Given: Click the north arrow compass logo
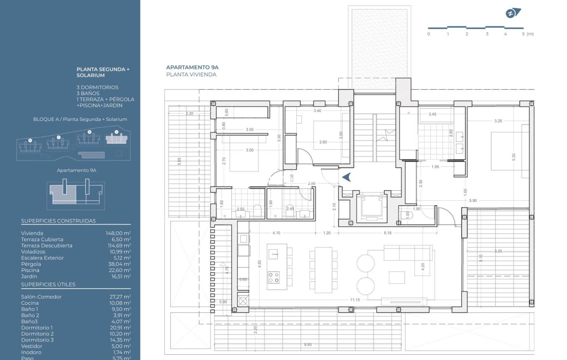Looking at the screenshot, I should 513,13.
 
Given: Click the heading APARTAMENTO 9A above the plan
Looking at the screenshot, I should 192,67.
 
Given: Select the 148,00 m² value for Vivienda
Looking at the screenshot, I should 118,233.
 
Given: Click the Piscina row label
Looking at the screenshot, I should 30,270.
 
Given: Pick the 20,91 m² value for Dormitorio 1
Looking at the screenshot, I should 120,328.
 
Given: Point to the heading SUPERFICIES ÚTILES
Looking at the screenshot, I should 48,285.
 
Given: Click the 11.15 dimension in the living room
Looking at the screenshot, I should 355,300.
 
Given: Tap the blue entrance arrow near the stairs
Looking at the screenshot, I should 347,177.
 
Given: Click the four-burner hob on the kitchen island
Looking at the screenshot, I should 274,277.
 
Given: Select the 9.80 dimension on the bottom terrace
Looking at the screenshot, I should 308,345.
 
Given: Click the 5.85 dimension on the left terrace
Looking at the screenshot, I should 179,162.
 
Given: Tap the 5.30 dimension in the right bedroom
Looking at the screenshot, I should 514,157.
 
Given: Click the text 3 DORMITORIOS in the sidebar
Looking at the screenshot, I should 97,87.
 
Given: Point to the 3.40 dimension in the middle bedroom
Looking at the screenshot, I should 317,111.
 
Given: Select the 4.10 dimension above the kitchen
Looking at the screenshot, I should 276,233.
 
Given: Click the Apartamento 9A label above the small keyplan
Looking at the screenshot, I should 76,170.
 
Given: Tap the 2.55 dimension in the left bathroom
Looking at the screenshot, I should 240,209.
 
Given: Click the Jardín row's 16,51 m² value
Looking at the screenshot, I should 121,277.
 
